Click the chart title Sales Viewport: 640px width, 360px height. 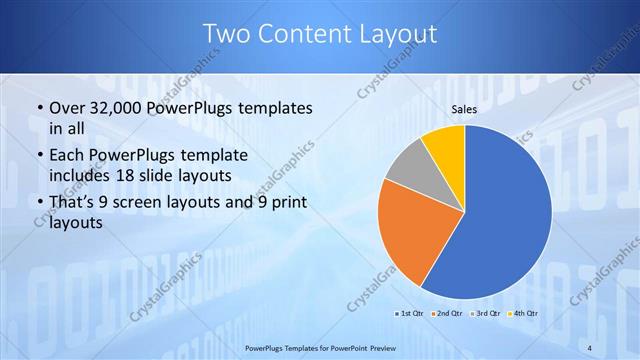[464, 109]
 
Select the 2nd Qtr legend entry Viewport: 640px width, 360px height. [446, 313]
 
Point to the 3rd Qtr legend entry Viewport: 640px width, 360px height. [483, 313]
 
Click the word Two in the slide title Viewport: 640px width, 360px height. [226, 34]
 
